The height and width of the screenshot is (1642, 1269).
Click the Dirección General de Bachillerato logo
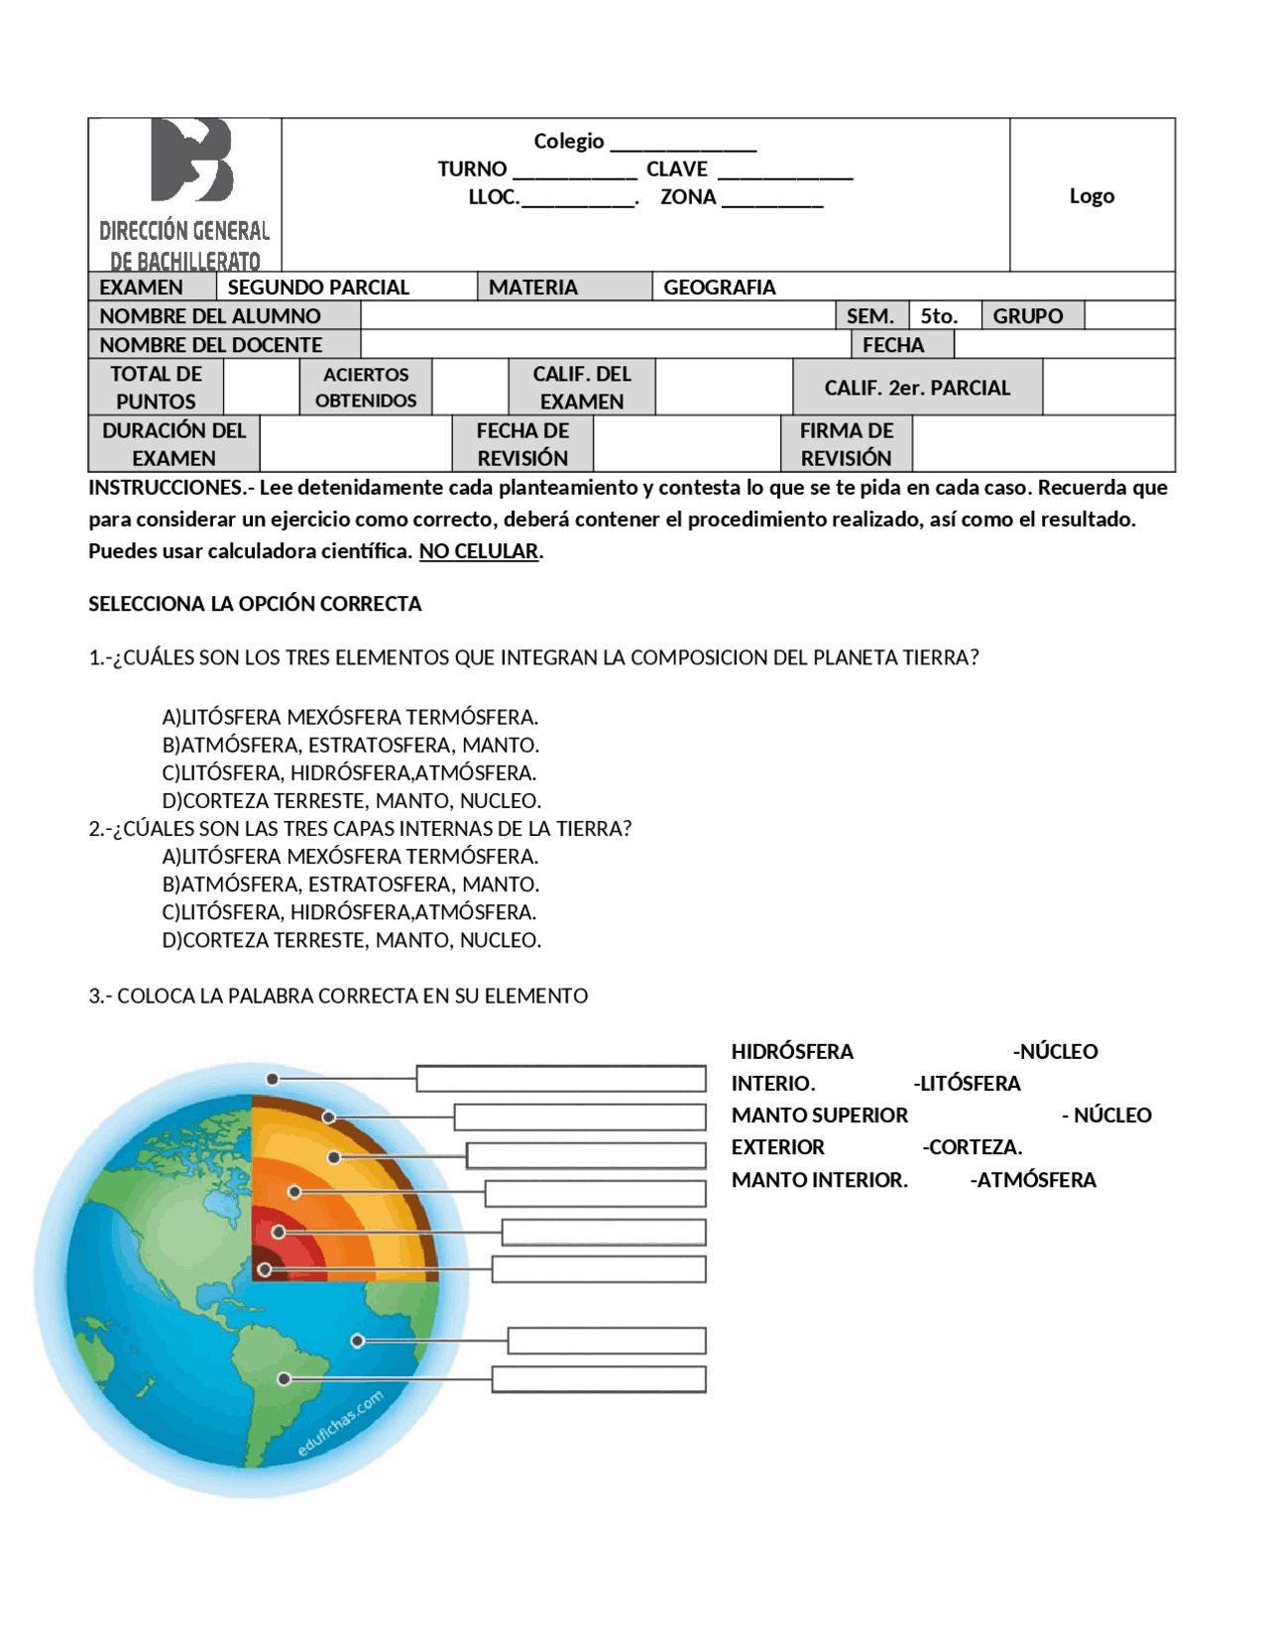pyautogui.click(x=185, y=193)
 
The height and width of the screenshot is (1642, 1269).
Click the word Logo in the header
pyautogui.click(x=1091, y=196)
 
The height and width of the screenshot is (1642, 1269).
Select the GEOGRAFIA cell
pyautogui.click(x=719, y=288)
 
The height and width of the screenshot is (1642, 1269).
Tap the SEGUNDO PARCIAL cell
pyautogui.click(x=318, y=288)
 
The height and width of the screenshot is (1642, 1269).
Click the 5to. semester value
pyautogui.click(x=938, y=316)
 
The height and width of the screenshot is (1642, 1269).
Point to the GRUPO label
pyautogui.click(x=1027, y=316)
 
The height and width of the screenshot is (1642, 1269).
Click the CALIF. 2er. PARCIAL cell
pyautogui.click(x=916, y=388)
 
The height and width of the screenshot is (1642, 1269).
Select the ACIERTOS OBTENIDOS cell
pyautogui.click(x=365, y=388)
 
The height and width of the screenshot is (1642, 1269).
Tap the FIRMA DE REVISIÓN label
pyautogui.click(x=846, y=444)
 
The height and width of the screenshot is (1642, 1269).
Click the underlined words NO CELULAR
pyautogui.click(x=479, y=551)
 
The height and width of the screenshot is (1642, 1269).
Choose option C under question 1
pyautogui.click(x=349, y=772)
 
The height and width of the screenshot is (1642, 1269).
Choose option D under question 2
pyautogui.click(x=351, y=940)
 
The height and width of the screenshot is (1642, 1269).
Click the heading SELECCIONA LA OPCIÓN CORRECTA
pyautogui.click(x=255, y=604)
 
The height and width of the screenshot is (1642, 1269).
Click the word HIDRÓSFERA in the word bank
pyautogui.click(x=791, y=1052)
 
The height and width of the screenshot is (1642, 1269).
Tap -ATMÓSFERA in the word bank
pyautogui.click(x=1033, y=1180)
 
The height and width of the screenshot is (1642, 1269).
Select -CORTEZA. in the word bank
pyautogui.click(x=972, y=1147)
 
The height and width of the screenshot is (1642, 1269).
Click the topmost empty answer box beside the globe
pyautogui.click(x=560, y=1079)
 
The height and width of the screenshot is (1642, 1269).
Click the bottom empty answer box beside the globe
pyautogui.click(x=598, y=1379)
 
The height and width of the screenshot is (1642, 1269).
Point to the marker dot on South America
pyautogui.click(x=285, y=1379)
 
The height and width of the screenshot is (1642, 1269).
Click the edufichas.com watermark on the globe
pyautogui.click(x=340, y=1425)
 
